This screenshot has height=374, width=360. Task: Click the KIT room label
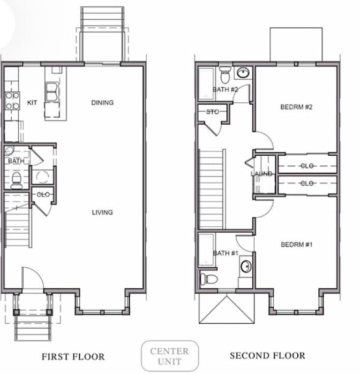pos(32,103)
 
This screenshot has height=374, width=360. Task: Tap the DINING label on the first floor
pos(102,103)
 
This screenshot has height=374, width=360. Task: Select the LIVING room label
pos(102,212)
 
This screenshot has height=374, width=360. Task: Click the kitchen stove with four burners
pos(12,101)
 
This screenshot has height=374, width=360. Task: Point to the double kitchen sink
pos(52,91)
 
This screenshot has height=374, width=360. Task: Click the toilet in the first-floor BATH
pos(17,180)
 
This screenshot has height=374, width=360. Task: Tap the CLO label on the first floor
pos(43,195)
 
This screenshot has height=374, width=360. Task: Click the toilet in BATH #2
pos(225,75)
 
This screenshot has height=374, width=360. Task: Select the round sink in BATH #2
pos(243,72)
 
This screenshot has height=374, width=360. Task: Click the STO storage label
pos(212,112)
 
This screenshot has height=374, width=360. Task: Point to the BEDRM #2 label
pos(296,107)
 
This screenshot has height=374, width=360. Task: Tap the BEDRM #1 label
pos(296,245)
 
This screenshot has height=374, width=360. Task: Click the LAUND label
pos(261,174)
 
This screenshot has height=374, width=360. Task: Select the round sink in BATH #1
pos(246,266)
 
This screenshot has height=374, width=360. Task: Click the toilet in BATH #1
pos(209,279)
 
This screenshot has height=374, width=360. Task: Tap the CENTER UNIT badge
pos(170,356)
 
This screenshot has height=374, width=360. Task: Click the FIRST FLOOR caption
pos(73,357)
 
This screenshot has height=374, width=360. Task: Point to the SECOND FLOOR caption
pos(267,356)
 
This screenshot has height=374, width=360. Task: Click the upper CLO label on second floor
pos(307,166)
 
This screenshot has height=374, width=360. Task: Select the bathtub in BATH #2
pos(206,83)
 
